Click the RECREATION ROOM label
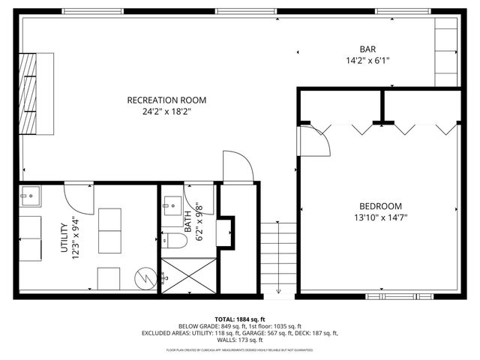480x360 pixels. pos(166,100)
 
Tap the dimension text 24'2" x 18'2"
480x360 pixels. pos(166,112)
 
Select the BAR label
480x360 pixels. pos(368,49)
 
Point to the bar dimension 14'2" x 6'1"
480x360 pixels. pos(368,61)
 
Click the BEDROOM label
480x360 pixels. pos(379,206)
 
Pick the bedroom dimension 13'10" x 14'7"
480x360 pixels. pos(379,218)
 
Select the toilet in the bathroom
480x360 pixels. pos(175,241)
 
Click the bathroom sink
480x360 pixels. pos(170,204)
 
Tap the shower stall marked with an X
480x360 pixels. pos(187,275)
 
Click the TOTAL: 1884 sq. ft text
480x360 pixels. pos(240,319)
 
